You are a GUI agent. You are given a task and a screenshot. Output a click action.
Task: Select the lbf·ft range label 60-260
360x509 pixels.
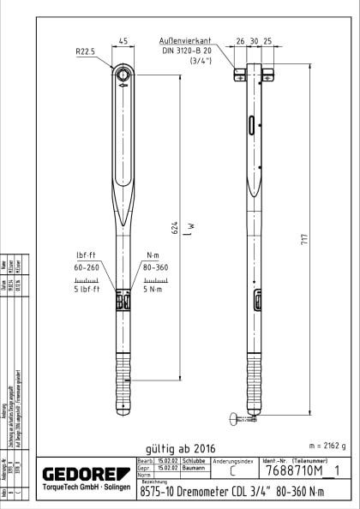88,267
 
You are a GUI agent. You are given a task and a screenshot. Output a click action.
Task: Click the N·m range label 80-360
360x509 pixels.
156,267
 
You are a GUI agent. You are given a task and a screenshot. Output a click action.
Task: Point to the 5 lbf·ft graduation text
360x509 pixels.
88,289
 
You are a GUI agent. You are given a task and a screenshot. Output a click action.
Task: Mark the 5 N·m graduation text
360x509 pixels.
156,289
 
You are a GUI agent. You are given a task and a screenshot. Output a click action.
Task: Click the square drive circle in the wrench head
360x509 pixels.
123,74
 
